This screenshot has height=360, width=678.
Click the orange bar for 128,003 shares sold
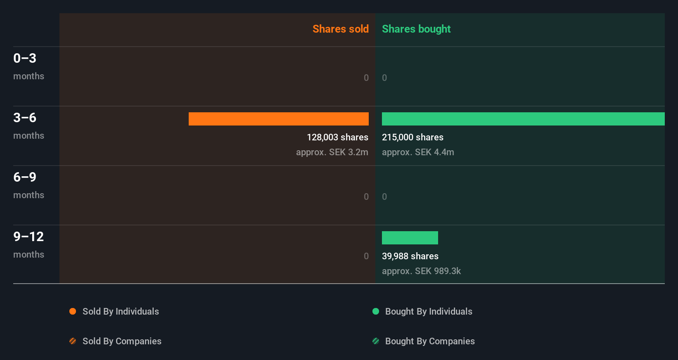tap(279, 119)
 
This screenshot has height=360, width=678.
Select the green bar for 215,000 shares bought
tap(523, 119)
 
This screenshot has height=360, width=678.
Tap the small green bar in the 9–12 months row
tap(410, 238)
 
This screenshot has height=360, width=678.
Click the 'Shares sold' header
tap(340, 29)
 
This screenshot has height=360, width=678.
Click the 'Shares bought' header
tap(416, 29)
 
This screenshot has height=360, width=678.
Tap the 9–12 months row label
tap(28, 244)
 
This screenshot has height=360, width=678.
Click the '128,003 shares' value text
tap(337, 137)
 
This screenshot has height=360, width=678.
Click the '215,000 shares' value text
tap(412, 137)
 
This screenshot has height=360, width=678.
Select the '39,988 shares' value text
tap(410, 256)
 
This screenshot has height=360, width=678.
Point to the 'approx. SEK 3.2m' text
tap(332, 152)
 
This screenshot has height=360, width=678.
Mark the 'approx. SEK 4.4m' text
tap(418, 152)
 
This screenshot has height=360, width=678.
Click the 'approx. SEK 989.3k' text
tap(421, 271)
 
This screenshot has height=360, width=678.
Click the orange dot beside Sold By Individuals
tap(73, 311)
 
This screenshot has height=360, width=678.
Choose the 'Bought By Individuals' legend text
tap(429, 311)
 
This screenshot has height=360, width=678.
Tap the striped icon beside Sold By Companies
tap(73, 341)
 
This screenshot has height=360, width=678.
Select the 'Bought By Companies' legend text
tap(430, 341)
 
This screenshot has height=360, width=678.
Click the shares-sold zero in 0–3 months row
tap(366, 78)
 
